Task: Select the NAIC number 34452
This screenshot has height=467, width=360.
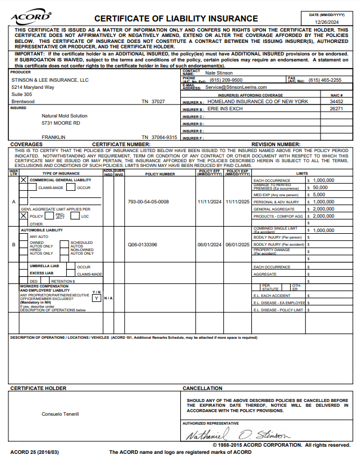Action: pyautogui.click(x=336, y=102)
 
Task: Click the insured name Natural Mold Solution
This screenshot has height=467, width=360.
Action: pyautogui.click(x=64, y=116)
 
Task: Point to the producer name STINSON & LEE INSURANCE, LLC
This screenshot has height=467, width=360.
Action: pyautogui.click(x=50, y=79)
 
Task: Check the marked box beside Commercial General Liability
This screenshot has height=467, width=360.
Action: pyautogui.click(x=24, y=163)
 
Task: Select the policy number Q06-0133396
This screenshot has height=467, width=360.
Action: pyautogui.click(x=143, y=245)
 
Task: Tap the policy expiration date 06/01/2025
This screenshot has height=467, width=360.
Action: pyautogui.click(x=237, y=245)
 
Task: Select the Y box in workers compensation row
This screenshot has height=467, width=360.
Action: pyautogui.click(x=96, y=298)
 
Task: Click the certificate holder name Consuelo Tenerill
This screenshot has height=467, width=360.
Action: pyautogui.click(x=60, y=414)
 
